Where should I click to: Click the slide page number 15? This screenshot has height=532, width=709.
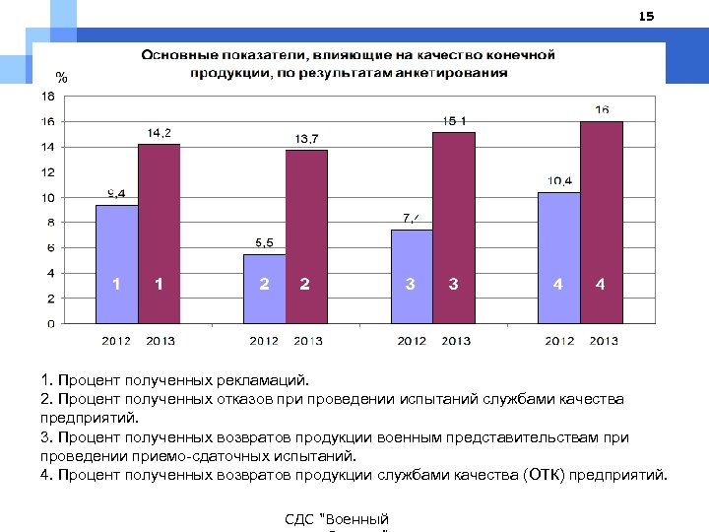(646, 17)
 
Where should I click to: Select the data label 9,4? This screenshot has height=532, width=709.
(116, 193)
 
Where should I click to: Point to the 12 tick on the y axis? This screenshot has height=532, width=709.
(47, 172)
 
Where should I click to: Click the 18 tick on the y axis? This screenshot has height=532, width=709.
(47, 97)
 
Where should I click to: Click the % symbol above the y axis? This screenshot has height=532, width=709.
(62, 77)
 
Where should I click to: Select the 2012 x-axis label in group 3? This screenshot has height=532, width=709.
(412, 342)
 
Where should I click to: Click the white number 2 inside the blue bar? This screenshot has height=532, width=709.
(264, 285)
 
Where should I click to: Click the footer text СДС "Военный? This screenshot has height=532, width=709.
(336, 519)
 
